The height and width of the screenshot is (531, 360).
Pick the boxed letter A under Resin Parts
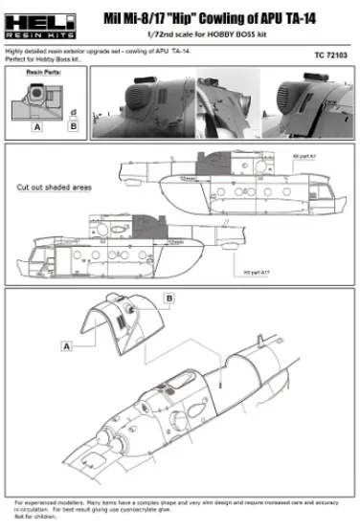36,125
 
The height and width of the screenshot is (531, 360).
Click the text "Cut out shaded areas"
55,188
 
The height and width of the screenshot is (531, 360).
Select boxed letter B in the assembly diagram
170,299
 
